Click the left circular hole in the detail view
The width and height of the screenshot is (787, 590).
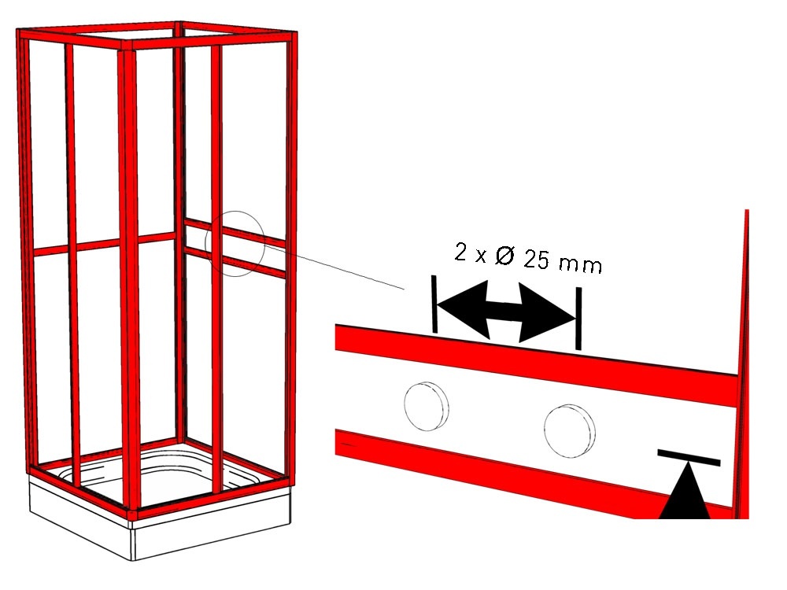[x=426, y=406]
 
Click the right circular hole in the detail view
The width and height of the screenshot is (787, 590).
[x=570, y=431]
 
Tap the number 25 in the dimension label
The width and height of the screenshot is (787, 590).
[x=536, y=260]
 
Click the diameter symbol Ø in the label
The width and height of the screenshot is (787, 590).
[x=505, y=256]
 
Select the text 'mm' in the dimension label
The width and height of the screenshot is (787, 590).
[x=581, y=264]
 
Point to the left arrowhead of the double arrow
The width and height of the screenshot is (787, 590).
[x=463, y=309]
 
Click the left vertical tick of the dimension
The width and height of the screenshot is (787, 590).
[x=434, y=304]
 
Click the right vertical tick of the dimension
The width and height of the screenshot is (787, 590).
[x=578, y=319]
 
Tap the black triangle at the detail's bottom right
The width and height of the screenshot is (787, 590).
[x=685, y=494]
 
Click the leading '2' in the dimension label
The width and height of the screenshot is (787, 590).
[x=460, y=252]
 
